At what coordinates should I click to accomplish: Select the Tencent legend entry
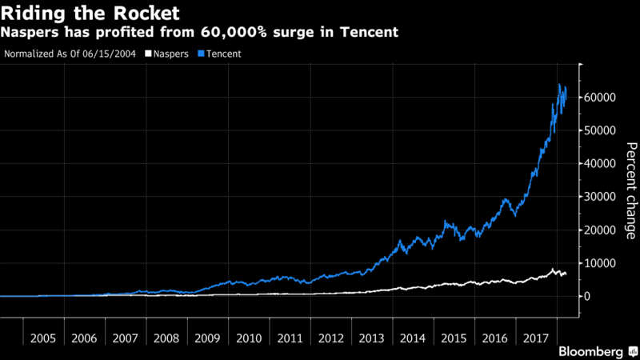click(x=222, y=54)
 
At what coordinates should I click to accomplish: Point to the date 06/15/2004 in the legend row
click(x=105, y=54)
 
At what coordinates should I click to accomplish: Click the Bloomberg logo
click(x=591, y=350)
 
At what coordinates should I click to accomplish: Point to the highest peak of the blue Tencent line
click(x=558, y=84)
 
